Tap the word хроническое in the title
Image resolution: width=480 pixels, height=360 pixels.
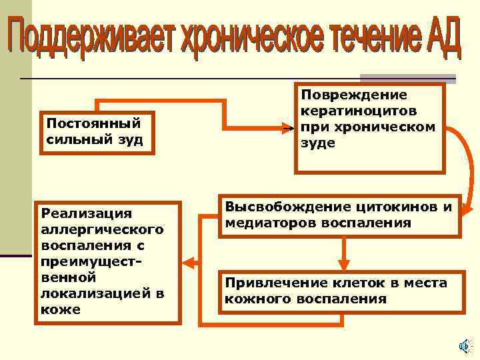245,39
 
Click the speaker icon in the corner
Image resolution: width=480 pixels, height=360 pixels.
464,345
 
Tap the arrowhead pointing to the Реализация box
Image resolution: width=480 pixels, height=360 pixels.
189,262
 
